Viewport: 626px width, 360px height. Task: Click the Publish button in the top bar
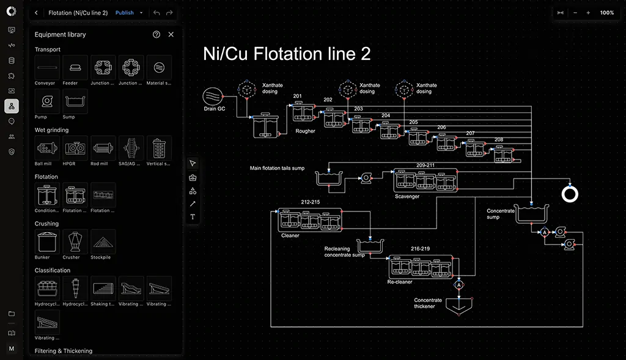[124, 13]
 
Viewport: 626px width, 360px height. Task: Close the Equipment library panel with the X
[171, 35]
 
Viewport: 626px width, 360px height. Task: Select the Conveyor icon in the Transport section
[47, 67]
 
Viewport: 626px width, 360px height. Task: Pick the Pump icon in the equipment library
[47, 101]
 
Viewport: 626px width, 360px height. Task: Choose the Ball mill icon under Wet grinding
[47, 148]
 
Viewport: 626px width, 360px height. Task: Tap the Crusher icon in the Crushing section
[75, 241]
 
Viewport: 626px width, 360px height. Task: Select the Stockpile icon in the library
[103, 241]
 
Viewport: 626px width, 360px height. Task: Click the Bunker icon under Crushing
[47, 241]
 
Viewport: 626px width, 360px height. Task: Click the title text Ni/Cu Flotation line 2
[287, 54]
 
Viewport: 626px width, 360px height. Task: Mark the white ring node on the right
[570, 194]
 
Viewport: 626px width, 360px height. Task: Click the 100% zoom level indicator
[606, 13]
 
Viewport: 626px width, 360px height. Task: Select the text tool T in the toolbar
[193, 217]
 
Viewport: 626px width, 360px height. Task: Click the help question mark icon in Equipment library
[156, 35]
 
